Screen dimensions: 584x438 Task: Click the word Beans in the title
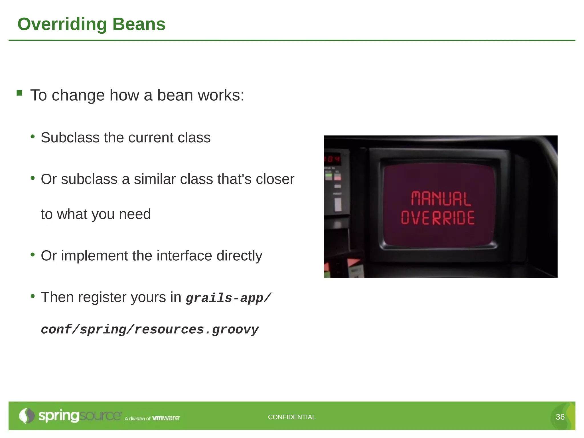(x=139, y=24)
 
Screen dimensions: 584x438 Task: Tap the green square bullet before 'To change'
(x=19, y=93)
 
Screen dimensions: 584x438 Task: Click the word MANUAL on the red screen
(x=441, y=199)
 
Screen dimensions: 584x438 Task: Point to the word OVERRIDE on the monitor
(x=438, y=218)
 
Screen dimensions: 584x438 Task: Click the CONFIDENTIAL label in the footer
(x=292, y=417)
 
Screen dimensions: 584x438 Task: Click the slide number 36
(x=560, y=417)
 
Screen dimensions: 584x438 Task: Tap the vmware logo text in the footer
(x=166, y=418)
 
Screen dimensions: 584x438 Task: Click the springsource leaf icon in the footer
(x=26, y=416)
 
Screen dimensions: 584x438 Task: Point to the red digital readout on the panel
(x=333, y=159)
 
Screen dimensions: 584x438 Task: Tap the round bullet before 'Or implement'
(x=33, y=254)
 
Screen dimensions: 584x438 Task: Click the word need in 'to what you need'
(x=135, y=214)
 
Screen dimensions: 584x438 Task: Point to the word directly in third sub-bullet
(x=239, y=256)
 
